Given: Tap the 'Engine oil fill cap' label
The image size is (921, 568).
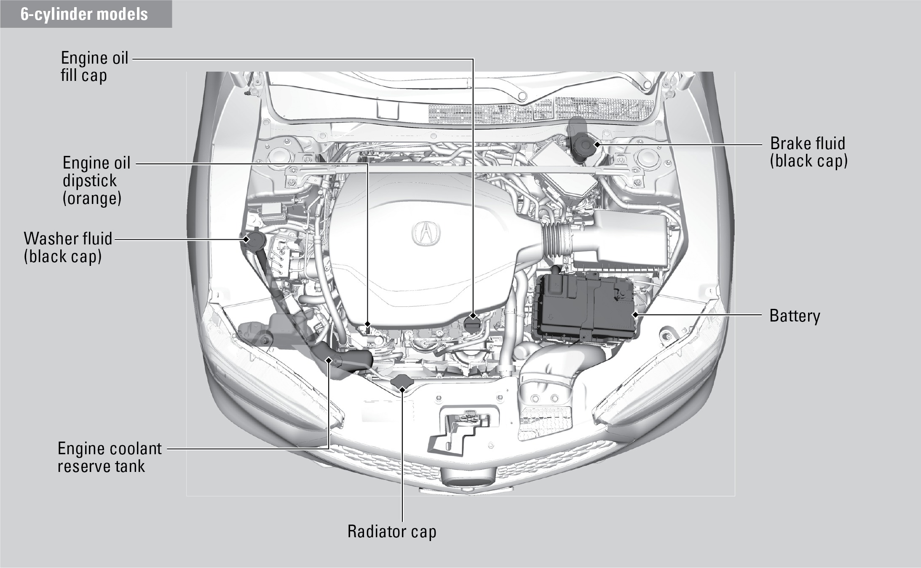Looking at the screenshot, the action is coord(94,67).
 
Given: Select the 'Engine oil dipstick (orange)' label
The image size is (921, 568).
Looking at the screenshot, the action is coord(96,180).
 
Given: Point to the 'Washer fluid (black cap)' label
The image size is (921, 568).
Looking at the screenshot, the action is coord(68,247).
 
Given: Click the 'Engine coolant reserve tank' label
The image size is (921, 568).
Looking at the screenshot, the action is coord(110,457).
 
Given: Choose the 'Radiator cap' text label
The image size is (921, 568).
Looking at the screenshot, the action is coord(392,531).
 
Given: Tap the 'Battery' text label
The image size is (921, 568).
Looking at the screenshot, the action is coord(795,316).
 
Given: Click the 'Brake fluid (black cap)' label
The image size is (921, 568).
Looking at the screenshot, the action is coord(809,152).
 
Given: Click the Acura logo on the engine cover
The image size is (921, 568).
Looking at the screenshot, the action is coord(426,233).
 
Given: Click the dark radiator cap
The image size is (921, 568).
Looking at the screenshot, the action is coord(402,382).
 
